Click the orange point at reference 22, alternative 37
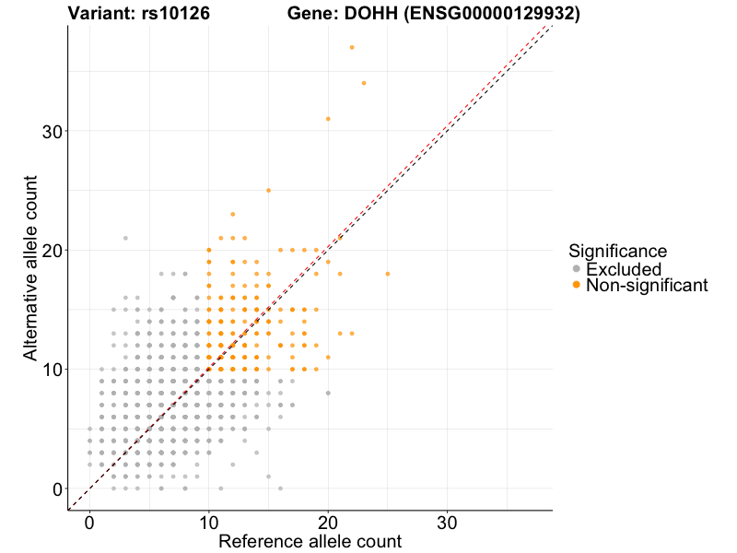[x=352, y=47]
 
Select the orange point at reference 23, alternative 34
[x=364, y=83]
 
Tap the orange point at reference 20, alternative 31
[x=328, y=119]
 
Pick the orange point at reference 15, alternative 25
[x=268, y=190]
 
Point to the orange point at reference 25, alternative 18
[x=388, y=274]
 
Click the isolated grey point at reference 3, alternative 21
[x=125, y=238]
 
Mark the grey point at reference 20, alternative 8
[x=328, y=393]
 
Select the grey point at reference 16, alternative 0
[x=280, y=488]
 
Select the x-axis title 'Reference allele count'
[x=310, y=541]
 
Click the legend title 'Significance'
[x=617, y=250]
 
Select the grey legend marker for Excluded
[x=577, y=269]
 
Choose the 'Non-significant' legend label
[x=647, y=286]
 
